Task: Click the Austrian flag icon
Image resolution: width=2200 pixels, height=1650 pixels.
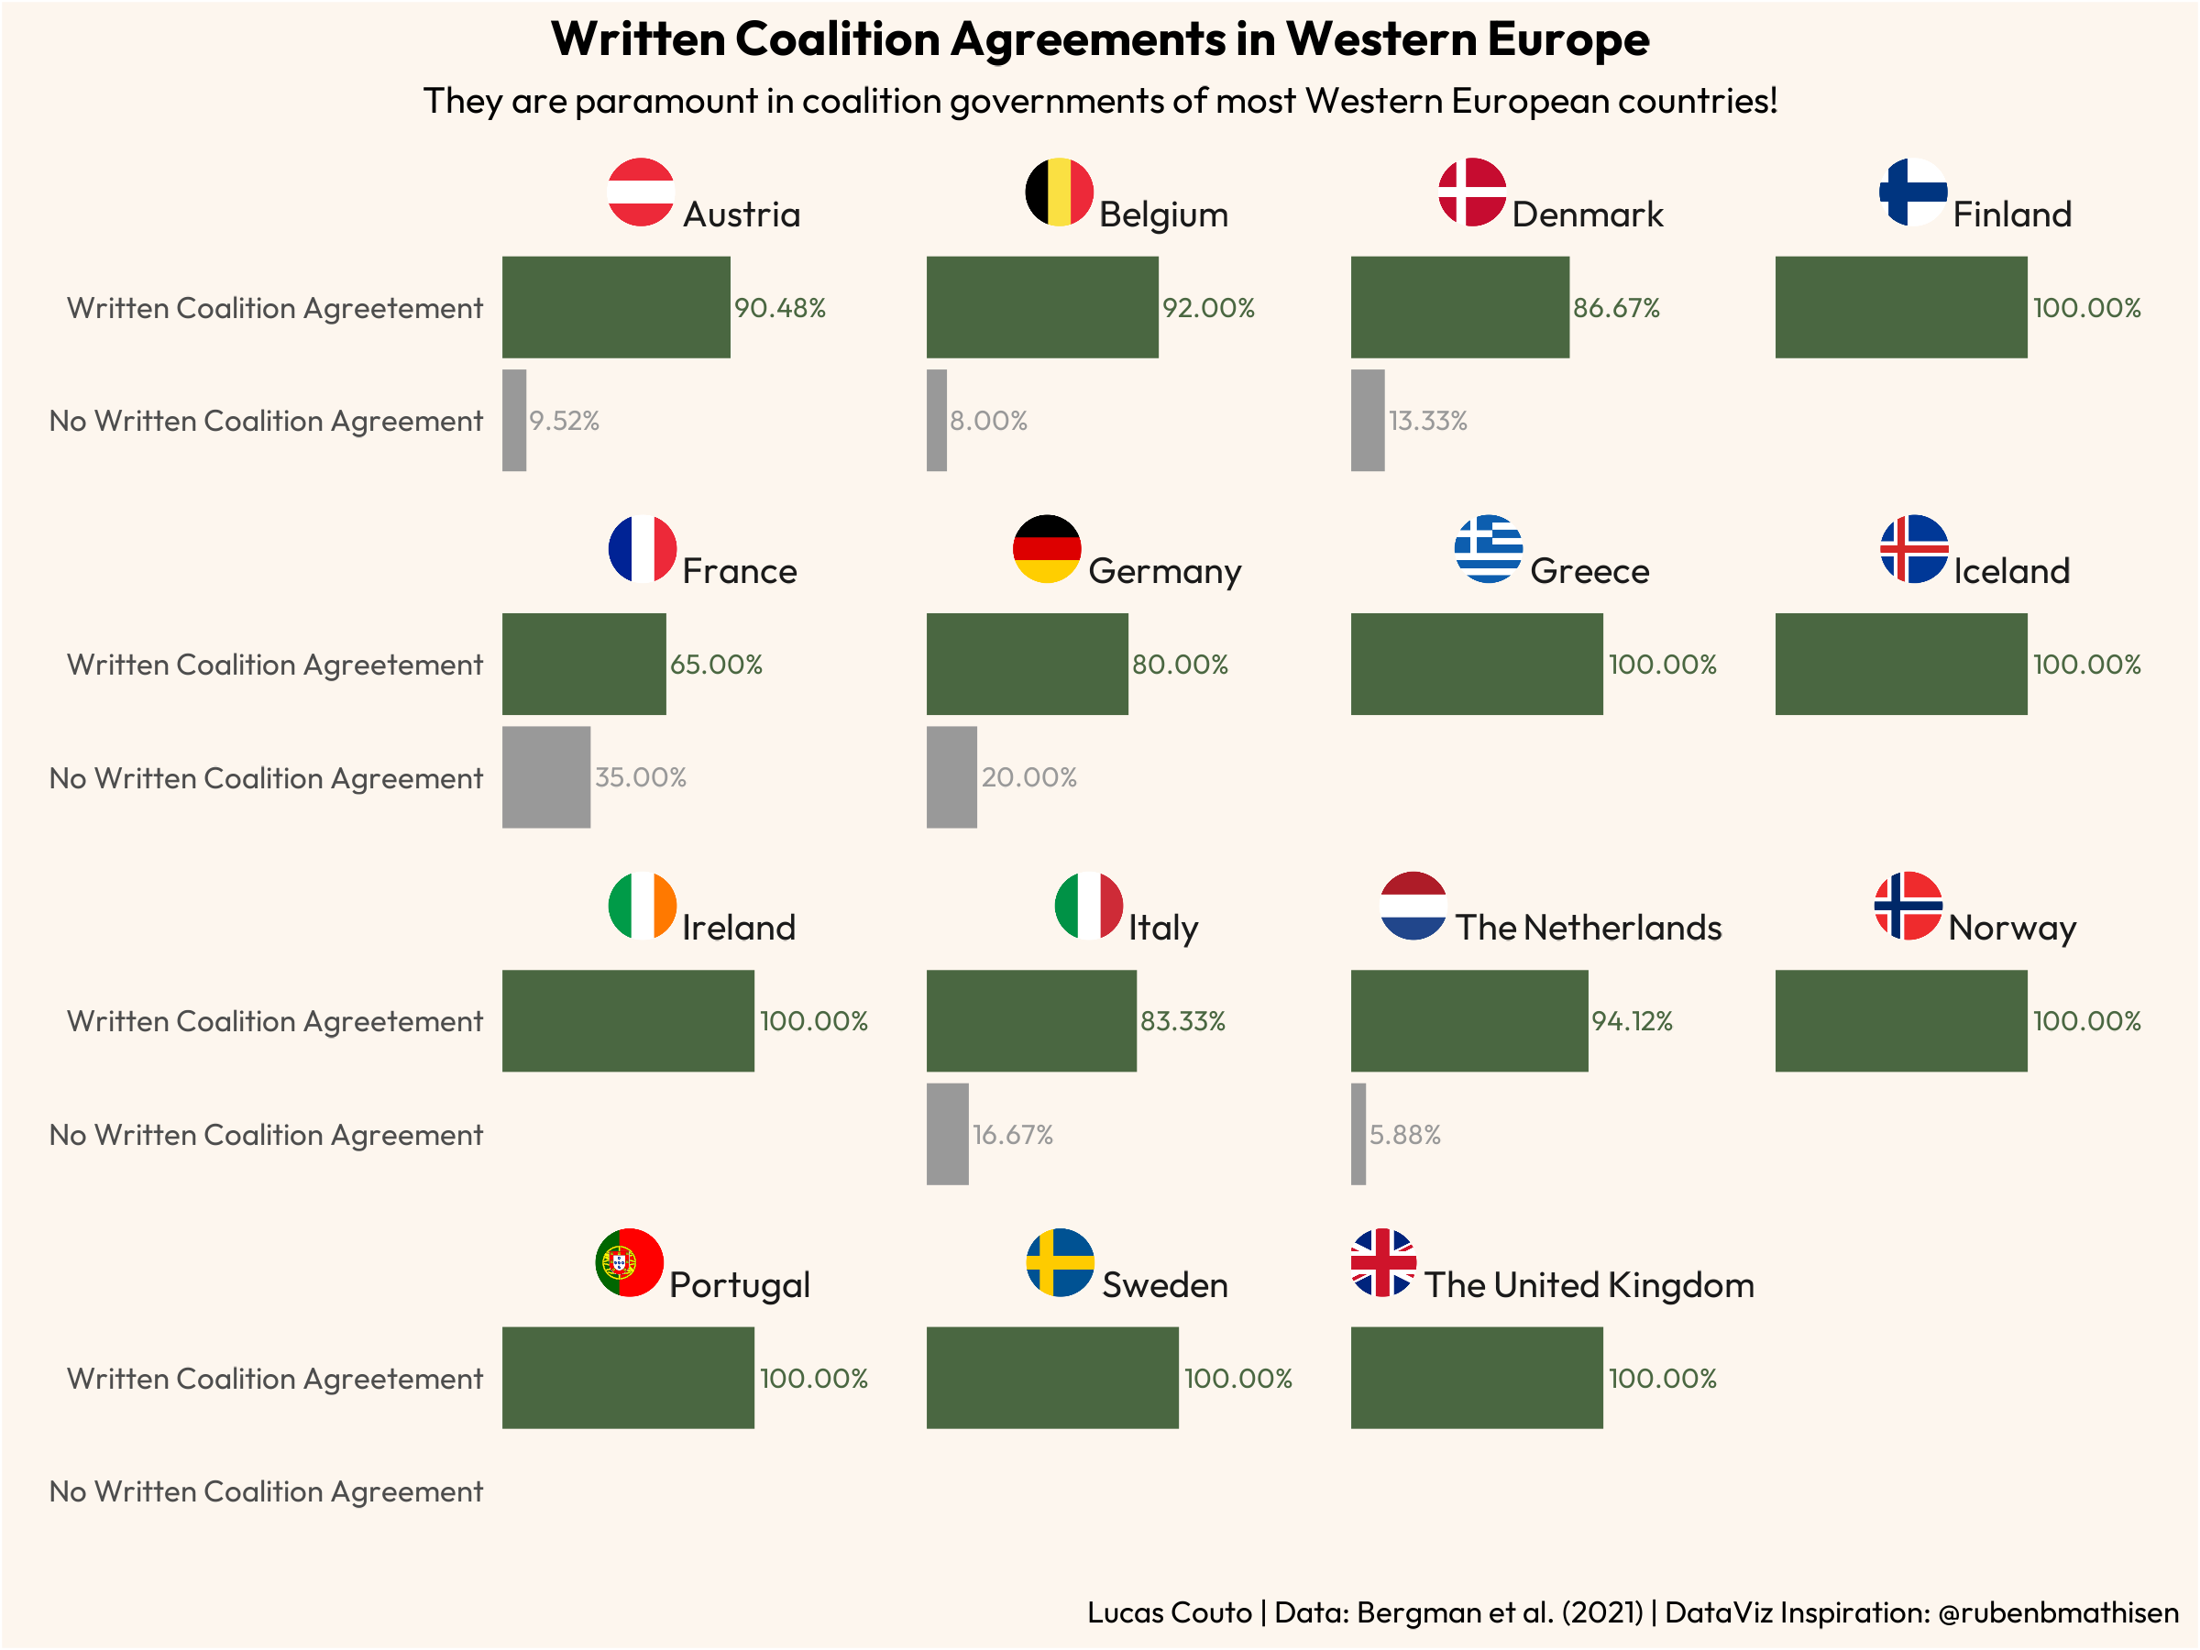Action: (x=641, y=192)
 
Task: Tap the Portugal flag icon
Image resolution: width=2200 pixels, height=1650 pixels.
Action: (x=629, y=1262)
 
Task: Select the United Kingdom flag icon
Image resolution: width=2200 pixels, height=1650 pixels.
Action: (x=1382, y=1262)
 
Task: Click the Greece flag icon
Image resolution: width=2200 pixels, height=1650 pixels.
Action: (x=1488, y=549)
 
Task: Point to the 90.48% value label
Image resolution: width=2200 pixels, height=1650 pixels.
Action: (x=780, y=308)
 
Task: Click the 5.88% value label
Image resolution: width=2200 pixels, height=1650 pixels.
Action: (x=1404, y=1135)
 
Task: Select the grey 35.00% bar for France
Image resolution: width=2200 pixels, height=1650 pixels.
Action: (x=546, y=776)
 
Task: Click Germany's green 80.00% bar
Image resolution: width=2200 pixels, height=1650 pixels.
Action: (x=1027, y=664)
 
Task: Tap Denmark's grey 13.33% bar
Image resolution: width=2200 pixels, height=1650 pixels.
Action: (x=1368, y=421)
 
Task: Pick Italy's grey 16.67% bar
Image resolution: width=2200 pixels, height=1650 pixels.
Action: (x=947, y=1134)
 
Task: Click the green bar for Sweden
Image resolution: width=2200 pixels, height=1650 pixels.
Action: (x=1052, y=1378)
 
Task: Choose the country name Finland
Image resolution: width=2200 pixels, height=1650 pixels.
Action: (x=2011, y=214)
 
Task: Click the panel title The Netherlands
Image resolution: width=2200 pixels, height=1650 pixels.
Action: (x=1589, y=928)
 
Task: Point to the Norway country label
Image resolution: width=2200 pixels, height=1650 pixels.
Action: (x=2011, y=928)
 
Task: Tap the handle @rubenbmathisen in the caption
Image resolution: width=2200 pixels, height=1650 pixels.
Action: (x=2058, y=1612)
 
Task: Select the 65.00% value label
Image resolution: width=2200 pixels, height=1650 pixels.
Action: (x=716, y=665)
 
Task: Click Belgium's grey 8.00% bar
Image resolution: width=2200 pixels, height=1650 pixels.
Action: (x=936, y=421)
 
